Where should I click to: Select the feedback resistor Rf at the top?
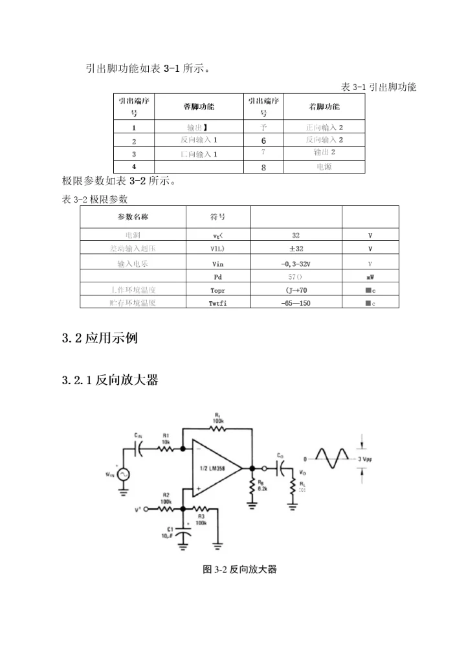tap(217, 429)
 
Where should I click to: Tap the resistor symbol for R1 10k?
tap(166, 448)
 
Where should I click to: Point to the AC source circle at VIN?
tap(122, 474)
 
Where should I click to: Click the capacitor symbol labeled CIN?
tap(139, 448)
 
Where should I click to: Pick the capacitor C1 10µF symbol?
tap(185, 534)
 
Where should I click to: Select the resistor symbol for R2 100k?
tap(166, 509)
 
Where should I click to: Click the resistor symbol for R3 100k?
tap(201, 509)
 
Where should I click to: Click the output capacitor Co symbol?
tap(282, 468)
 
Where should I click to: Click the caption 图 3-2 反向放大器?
tap(239, 569)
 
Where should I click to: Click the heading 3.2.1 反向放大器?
tap(110, 381)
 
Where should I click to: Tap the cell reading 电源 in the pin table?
tap(324, 166)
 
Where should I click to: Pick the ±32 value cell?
tap(295, 248)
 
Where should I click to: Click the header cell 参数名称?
tap(132, 216)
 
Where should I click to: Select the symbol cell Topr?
tap(217, 291)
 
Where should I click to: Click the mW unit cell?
tap(370, 277)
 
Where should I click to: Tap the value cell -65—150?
tap(295, 303)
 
